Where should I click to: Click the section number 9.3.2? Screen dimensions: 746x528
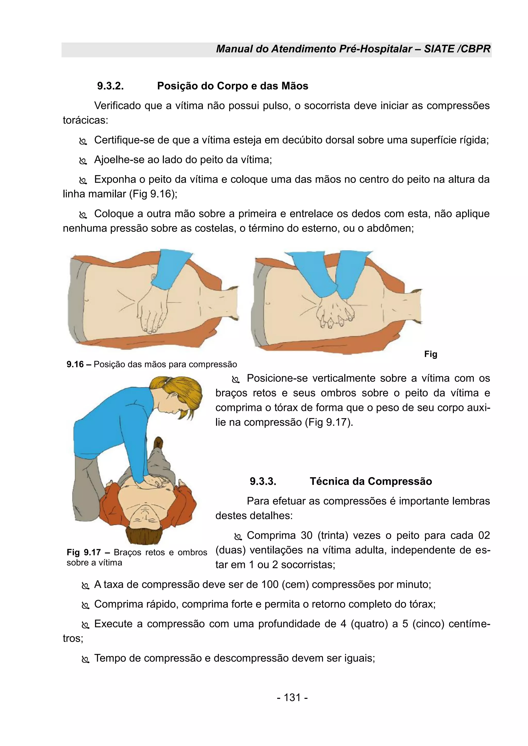pos(110,86)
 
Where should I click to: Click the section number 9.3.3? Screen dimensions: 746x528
pos(263,481)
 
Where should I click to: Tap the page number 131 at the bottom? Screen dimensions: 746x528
pos(292,697)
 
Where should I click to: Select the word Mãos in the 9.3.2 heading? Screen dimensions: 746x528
pos(295,86)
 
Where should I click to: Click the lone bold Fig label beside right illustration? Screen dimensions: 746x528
pos(431,354)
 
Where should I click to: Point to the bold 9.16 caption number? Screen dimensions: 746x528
pos(75,364)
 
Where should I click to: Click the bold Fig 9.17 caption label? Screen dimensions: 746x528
pos(84,552)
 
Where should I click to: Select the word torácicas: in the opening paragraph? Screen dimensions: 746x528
pos(85,120)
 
